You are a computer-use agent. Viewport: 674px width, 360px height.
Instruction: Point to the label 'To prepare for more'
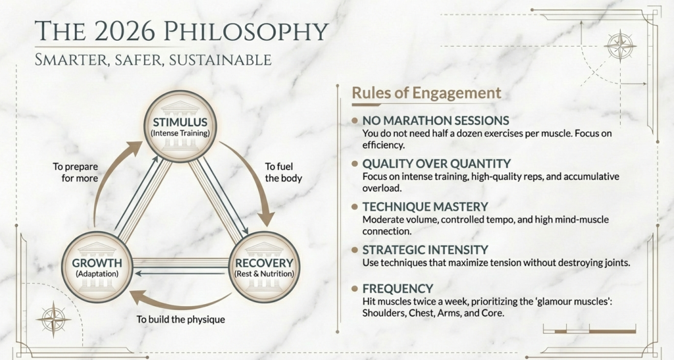(76, 172)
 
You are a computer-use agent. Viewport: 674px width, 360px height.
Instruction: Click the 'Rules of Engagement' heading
(426, 93)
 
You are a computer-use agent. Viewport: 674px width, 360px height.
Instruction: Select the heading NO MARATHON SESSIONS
(436, 120)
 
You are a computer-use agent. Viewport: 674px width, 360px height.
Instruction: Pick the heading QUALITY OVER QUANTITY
(436, 163)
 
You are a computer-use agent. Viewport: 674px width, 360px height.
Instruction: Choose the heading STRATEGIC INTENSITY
(425, 249)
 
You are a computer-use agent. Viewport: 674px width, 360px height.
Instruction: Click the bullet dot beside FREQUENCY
(355, 288)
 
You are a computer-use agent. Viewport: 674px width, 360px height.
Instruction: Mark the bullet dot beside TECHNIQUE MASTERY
(355, 206)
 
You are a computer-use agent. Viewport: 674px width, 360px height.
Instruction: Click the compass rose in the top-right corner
(619, 47)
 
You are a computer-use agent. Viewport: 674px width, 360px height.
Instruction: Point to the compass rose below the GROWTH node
(53, 319)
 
